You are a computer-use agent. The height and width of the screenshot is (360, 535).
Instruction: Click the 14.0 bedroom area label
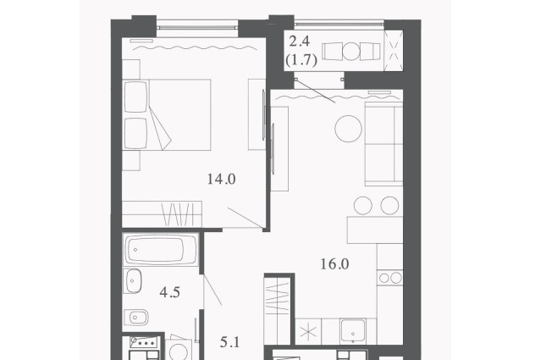pyautogui.click(x=222, y=179)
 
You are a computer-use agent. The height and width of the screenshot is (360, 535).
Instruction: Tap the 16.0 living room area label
pyautogui.click(x=334, y=264)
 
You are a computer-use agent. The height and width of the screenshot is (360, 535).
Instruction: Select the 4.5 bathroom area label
pyautogui.click(x=170, y=292)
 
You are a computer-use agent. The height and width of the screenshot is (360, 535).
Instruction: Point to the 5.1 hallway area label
pyautogui.click(x=230, y=342)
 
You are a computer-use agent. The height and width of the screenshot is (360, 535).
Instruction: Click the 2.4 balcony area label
pyautogui.click(x=299, y=42)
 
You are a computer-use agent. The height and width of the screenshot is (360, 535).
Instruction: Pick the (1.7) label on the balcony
pyautogui.click(x=301, y=60)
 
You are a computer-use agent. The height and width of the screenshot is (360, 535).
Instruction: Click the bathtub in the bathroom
pyautogui.click(x=161, y=249)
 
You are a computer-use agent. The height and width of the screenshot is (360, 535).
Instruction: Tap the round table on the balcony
pyautogui.click(x=351, y=52)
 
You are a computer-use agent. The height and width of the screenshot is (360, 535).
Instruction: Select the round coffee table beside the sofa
pyautogui.click(x=349, y=129)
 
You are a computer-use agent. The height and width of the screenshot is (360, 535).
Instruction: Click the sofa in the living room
pyautogui.click(x=383, y=144)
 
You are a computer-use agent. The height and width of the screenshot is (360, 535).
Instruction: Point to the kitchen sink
pyautogui.click(x=352, y=330)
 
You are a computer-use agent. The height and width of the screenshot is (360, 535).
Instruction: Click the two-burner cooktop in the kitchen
pyautogui.click(x=390, y=278)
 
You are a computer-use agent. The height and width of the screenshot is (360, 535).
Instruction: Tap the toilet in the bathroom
pyautogui.click(x=135, y=318)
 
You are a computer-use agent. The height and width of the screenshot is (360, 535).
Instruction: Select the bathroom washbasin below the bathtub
pyautogui.click(x=133, y=280)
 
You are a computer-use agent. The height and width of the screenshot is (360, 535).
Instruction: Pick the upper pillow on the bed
pyautogui.click(x=135, y=97)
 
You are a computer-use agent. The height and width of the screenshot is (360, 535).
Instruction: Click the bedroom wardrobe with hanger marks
pyautogui.click(x=162, y=213)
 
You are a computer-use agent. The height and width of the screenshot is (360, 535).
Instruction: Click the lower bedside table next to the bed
pyautogui.click(x=131, y=161)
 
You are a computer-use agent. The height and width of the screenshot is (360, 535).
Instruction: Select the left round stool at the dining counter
pyautogui.click(x=363, y=205)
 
